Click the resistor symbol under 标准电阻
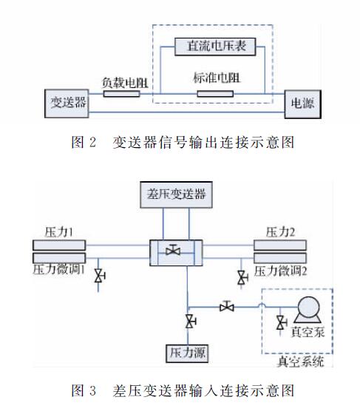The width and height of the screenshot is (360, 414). pyautogui.click(x=214, y=94)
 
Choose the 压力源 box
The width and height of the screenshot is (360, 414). pyautogui.click(x=187, y=353)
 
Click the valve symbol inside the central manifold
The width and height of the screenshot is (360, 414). pyautogui.click(x=174, y=251)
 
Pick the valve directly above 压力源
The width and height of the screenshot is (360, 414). pyautogui.click(x=190, y=320)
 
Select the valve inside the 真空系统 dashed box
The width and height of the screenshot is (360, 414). pyautogui.click(x=280, y=322)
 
